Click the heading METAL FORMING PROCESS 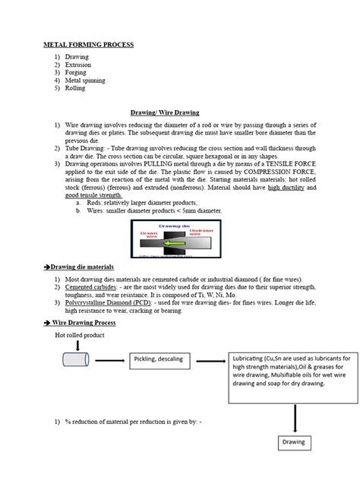tap(87, 45)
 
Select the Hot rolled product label tap(81, 334)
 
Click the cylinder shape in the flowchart tap(76, 360)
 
